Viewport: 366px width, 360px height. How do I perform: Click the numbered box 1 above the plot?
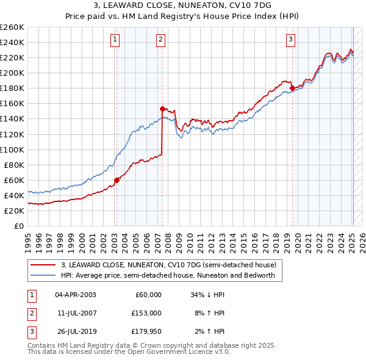[x=116, y=40]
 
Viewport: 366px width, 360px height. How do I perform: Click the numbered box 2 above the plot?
[x=160, y=40]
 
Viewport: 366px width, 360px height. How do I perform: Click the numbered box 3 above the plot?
[x=291, y=40]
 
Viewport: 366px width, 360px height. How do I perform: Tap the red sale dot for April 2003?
[x=117, y=180]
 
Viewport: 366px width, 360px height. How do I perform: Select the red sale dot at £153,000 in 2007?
[x=162, y=109]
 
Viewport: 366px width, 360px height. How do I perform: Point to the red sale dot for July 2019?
[x=292, y=88]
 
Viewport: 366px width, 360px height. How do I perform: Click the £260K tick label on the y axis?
[x=12, y=27]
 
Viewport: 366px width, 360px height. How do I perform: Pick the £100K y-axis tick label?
[x=12, y=149]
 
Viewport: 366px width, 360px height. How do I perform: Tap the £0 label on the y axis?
[x=20, y=226]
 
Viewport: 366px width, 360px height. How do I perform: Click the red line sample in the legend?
[x=43, y=265]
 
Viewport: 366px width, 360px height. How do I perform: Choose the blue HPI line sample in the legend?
[x=43, y=275]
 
